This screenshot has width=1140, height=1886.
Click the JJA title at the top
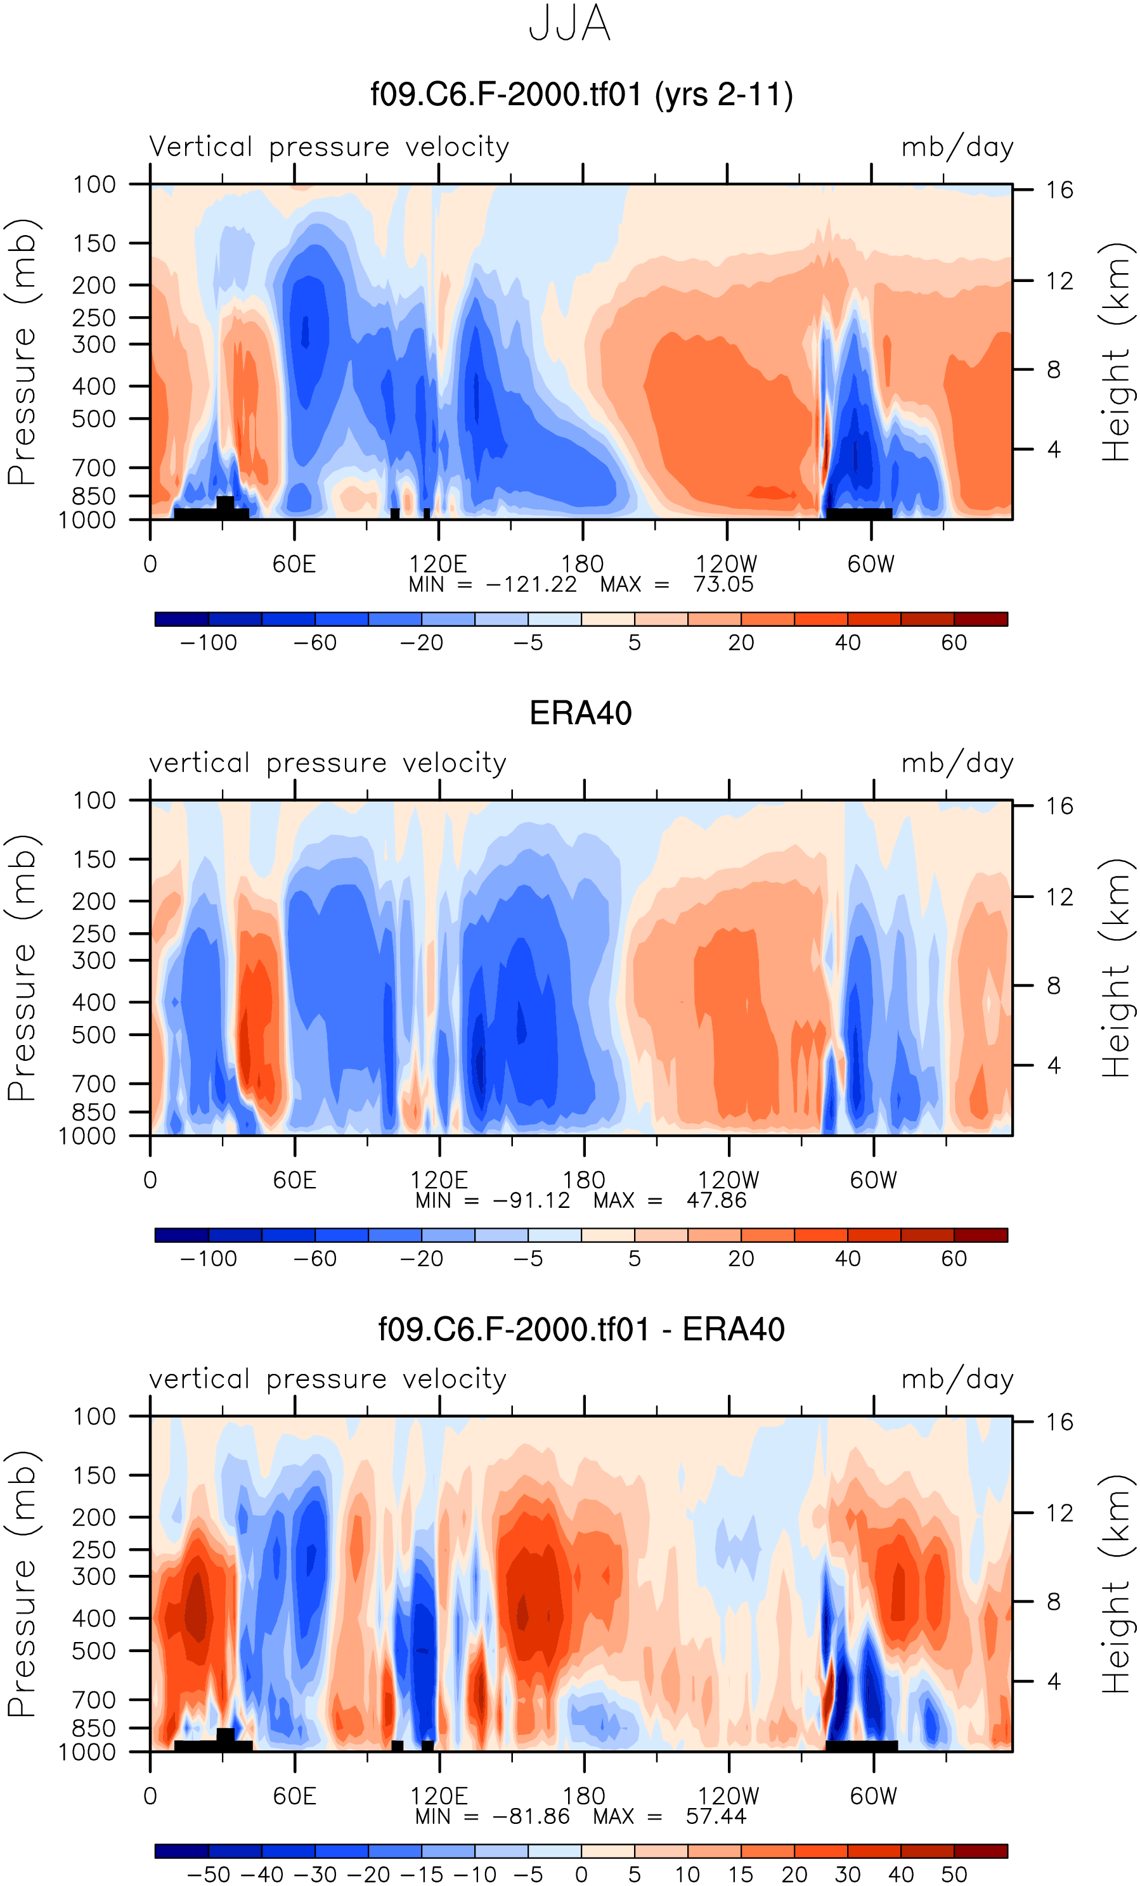pos(569,23)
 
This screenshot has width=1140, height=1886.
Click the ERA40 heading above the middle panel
pos(580,714)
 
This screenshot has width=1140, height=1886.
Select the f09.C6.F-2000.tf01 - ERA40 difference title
pos(581,1330)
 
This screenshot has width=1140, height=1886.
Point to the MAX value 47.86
pos(716,1200)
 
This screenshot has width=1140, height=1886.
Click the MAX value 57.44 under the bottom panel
pos(716,1816)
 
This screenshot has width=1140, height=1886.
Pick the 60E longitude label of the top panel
pos(294,564)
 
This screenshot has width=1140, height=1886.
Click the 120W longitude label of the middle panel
pos(728,1179)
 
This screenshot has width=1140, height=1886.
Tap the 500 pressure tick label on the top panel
pos(94,420)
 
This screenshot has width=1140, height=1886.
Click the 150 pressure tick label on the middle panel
pos(94,859)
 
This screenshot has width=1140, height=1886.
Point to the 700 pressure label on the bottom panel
pos(94,1700)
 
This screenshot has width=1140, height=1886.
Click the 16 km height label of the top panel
pos(1059,190)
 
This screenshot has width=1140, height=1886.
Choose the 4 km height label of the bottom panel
pos(1054,1682)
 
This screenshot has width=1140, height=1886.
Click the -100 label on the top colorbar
pos(208,643)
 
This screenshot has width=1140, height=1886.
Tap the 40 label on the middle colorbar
pos(848,1259)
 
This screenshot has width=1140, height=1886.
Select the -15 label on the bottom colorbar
pos(422,1875)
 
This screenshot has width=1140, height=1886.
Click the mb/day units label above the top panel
pos(957,147)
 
